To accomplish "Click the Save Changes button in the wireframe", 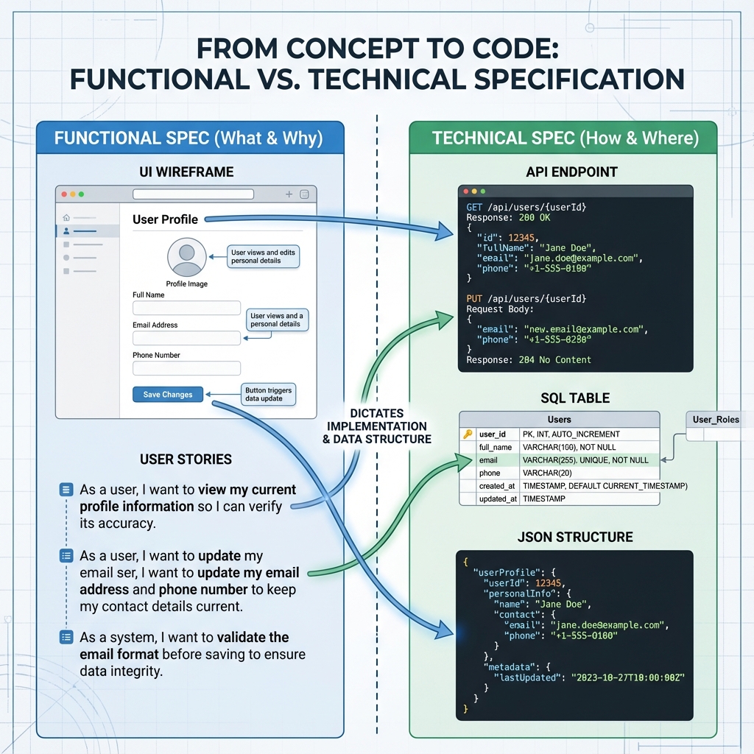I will [x=167, y=395].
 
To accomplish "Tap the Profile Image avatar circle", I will [x=186, y=257].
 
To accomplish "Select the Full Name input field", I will [x=186, y=308].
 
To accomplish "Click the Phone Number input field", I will [x=186, y=368].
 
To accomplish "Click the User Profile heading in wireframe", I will [x=165, y=219].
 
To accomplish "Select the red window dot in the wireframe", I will [x=64, y=194].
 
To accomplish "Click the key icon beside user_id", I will [x=467, y=434].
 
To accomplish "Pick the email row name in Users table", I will [x=488, y=460].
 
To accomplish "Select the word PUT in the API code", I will [x=475, y=299].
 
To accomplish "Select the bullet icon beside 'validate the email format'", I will [x=66, y=638].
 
